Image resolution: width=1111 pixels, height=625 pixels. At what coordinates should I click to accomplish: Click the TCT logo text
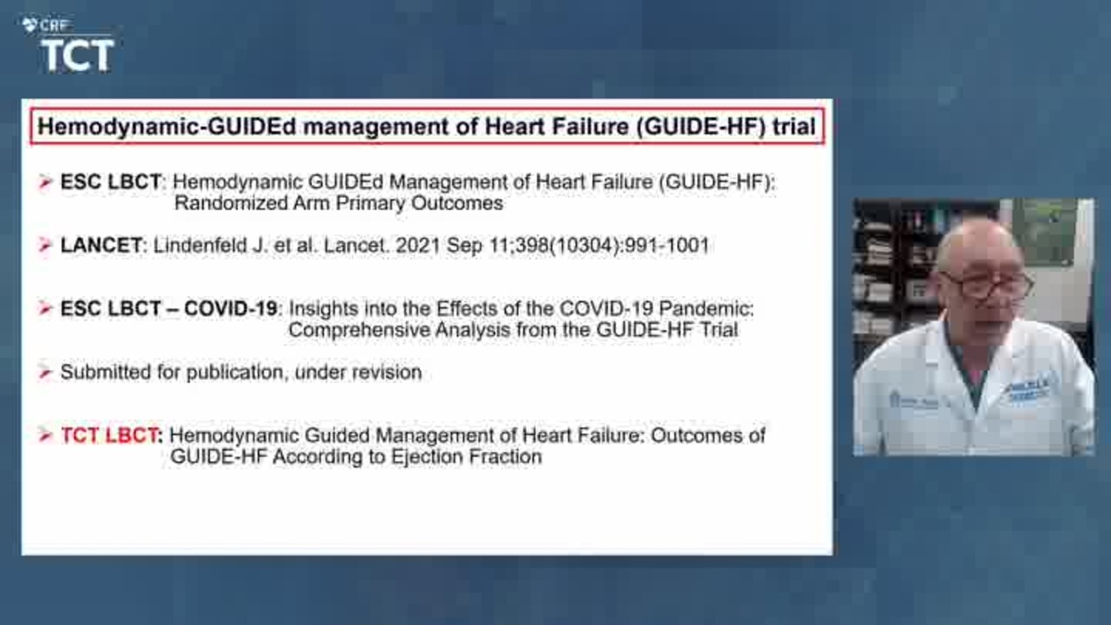pos(77,56)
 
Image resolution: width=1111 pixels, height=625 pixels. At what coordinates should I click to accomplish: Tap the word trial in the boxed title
pos(794,126)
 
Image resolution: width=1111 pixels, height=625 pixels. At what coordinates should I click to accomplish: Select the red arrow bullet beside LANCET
pos(45,245)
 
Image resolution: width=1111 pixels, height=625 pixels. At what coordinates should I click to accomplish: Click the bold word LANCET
pos(102,245)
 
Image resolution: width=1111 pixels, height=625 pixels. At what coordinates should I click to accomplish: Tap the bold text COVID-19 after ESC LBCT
pos(230,308)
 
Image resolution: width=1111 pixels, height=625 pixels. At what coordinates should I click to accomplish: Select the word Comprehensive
pos(358,330)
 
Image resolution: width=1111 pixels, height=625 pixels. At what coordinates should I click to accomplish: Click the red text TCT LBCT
pos(109,436)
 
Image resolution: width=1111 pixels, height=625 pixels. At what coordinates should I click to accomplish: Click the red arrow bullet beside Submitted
pos(45,372)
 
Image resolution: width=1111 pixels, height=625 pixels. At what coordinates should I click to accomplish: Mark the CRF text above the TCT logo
pos(53,25)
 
